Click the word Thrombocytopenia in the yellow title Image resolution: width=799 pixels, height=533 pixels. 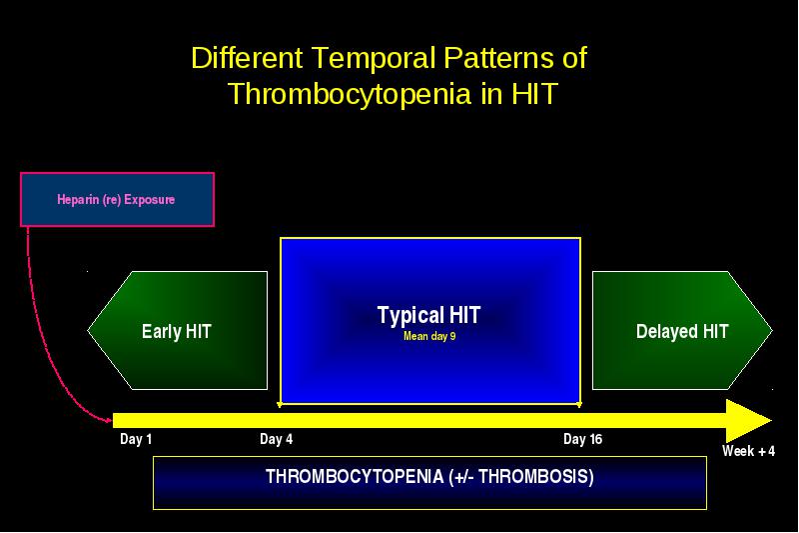[x=351, y=95]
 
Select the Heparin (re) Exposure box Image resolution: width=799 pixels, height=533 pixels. [x=117, y=199]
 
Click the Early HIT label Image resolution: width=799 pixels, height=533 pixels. [x=177, y=332]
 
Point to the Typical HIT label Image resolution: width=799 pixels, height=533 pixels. [x=428, y=315]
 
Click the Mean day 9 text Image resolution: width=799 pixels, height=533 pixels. [x=429, y=336]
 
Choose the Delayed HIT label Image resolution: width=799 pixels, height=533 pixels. [x=682, y=332]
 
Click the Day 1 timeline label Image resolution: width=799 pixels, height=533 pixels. [x=136, y=439]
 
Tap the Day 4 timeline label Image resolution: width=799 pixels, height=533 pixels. [x=277, y=439]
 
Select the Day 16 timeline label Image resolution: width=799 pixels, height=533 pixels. [x=582, y=439]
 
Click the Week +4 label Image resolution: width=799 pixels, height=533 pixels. [x=748, y=451]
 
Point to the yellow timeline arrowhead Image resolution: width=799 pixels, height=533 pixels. [x=748, y=421]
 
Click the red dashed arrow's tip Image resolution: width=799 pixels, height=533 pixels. [x=112, y=421]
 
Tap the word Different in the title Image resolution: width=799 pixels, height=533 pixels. [x=247, y=58]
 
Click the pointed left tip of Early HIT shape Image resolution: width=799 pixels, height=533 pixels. [x=88, y=330]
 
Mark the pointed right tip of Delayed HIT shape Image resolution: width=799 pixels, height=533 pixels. [x=772, y=331]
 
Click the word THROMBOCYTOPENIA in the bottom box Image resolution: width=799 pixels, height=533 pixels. [x=355, y=477]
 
